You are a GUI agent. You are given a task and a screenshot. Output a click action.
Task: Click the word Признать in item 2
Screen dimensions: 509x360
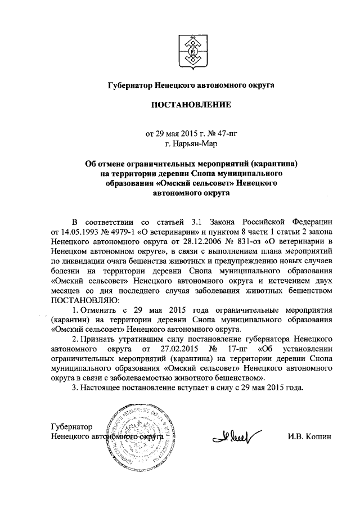(x=101, y=340)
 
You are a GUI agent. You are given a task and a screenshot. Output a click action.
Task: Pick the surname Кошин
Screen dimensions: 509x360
(x=318, y=437)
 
